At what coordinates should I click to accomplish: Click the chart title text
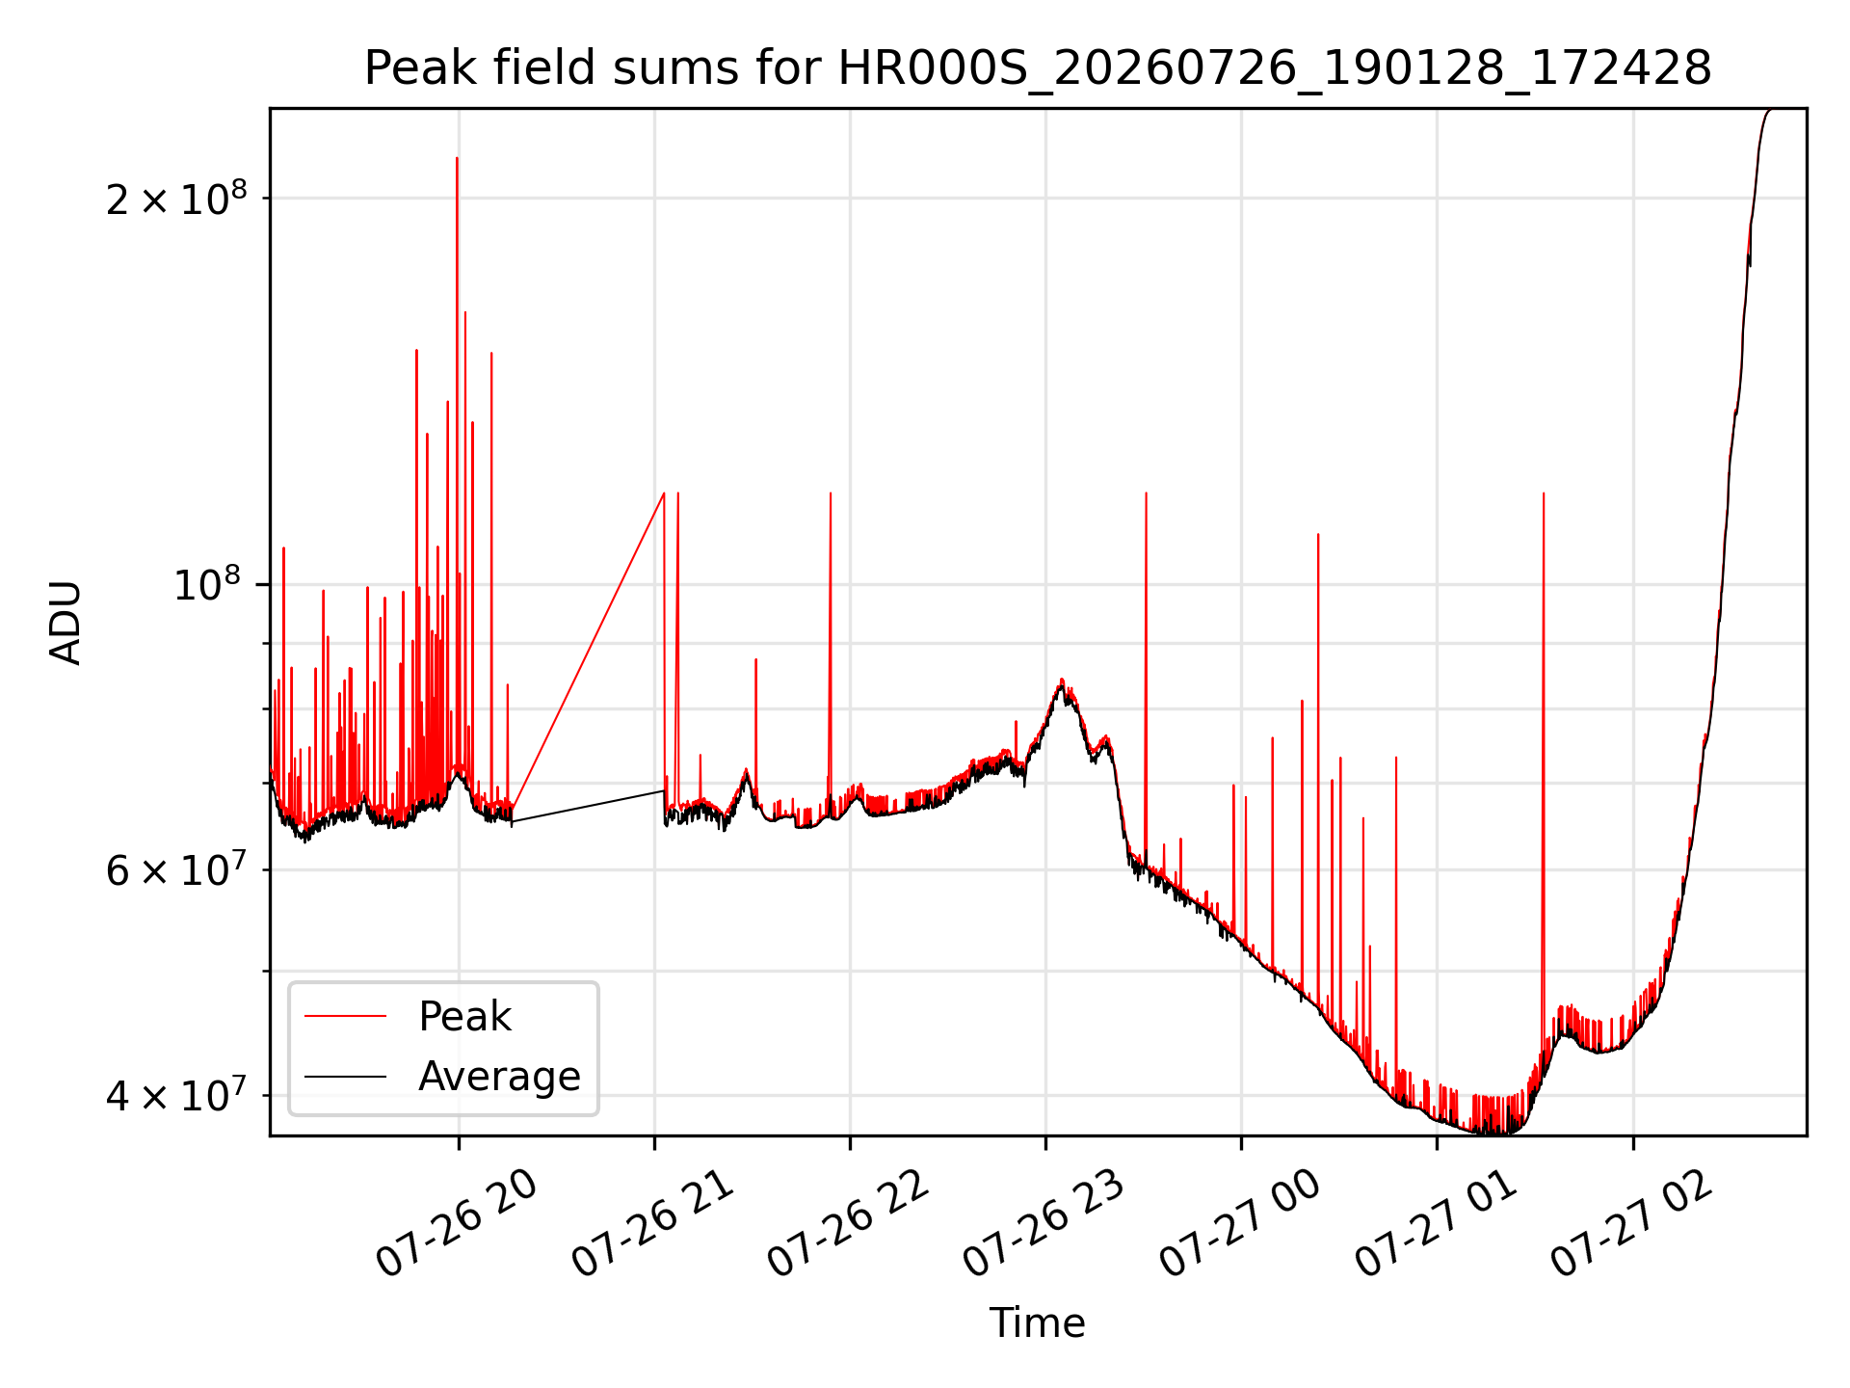[1038, 68]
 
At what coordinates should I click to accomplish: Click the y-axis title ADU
[66, 622]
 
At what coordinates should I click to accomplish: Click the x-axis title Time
[1038, 1322]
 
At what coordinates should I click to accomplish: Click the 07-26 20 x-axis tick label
[456, 1224]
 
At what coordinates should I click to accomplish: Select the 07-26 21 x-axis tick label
[652, 1224]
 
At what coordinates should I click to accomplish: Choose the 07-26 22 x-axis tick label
[848, 1224]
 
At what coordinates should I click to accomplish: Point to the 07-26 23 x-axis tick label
[1044, 1224]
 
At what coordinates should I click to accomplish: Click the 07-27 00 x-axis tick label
[1239, 1224]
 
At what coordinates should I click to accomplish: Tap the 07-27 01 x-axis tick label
[1436, 1224]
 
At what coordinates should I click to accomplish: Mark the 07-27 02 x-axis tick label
[1631, 1224]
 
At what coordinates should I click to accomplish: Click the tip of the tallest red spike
[457, 157]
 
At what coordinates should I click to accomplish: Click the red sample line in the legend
[345, 1016]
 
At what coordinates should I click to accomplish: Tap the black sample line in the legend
[345, 1076]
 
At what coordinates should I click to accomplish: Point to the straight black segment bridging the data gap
[588, 807]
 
